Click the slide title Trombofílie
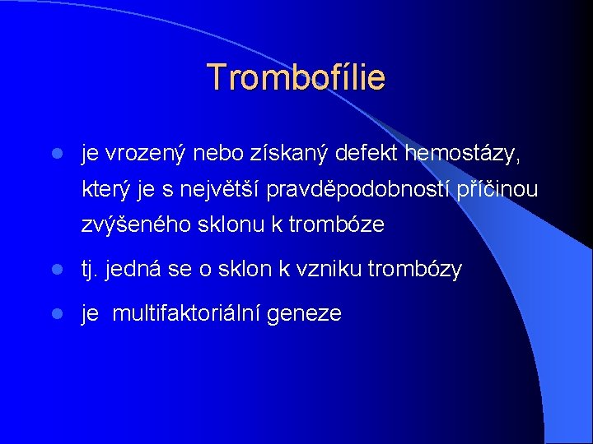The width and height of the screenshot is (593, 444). (x=296, y=77)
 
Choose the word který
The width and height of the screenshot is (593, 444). (x=107, y=190)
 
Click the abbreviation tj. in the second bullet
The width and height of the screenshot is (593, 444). (x=91, y=269)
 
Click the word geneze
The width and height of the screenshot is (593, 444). (x=312, y=314)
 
